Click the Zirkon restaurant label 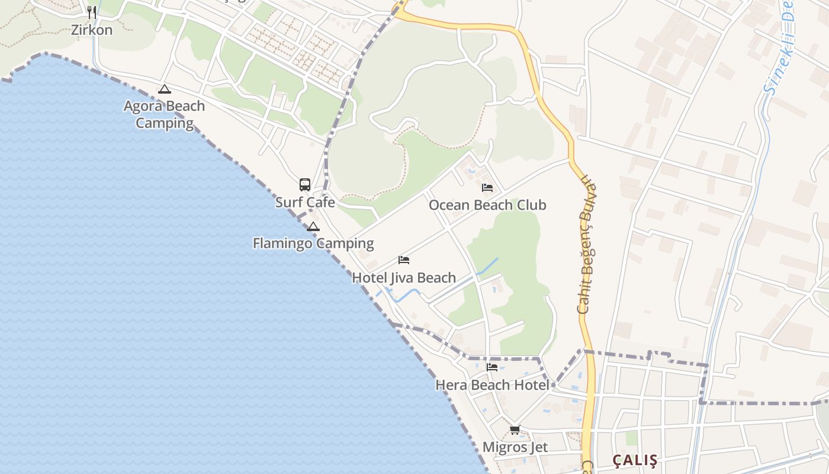(x=92, y=30)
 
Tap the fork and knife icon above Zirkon (x=92, y=11)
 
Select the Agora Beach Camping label (x=165, y=114)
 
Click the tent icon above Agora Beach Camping (x=165, y=89)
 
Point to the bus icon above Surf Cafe (x=305, y=184)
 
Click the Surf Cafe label (x=305, y=202)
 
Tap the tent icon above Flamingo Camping (x=313, y=226)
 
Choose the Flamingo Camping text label (x=313, y=243)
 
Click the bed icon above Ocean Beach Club (x=487, y=188)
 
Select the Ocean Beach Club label (x=487, y=205)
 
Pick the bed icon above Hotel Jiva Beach (x=404, y=260)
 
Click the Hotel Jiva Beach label (x=404, y=277)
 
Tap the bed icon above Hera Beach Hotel (x=492, y=367)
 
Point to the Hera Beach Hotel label (x=492, y=385)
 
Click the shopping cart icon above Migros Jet (x=515, y=430)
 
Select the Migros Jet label (x=515, y=447)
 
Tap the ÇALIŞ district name (x=635, y=460)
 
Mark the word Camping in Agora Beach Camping (x=165, y=123)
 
